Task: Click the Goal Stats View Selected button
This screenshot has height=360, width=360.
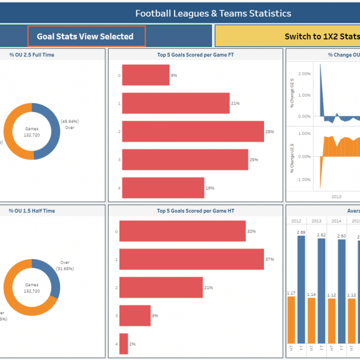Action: tap(85, 36)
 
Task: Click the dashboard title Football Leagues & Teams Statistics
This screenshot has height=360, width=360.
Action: tap(213, 13)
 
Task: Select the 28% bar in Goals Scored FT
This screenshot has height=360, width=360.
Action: tap(193, 131)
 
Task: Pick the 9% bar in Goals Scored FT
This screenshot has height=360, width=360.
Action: tap(146, 75)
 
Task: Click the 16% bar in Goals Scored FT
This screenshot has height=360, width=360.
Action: tap(163, 188)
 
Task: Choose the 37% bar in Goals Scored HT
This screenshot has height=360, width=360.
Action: tap(191, 259)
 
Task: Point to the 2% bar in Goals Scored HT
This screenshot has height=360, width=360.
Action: tap(124, 344)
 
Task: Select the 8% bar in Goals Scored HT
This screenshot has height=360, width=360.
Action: tap(134, 316)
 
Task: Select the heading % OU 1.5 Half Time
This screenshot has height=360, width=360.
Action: tap(32, 211)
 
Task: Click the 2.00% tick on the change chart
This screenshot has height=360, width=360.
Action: tap(304, 74)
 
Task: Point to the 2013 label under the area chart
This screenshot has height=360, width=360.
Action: tap(336, 196)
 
